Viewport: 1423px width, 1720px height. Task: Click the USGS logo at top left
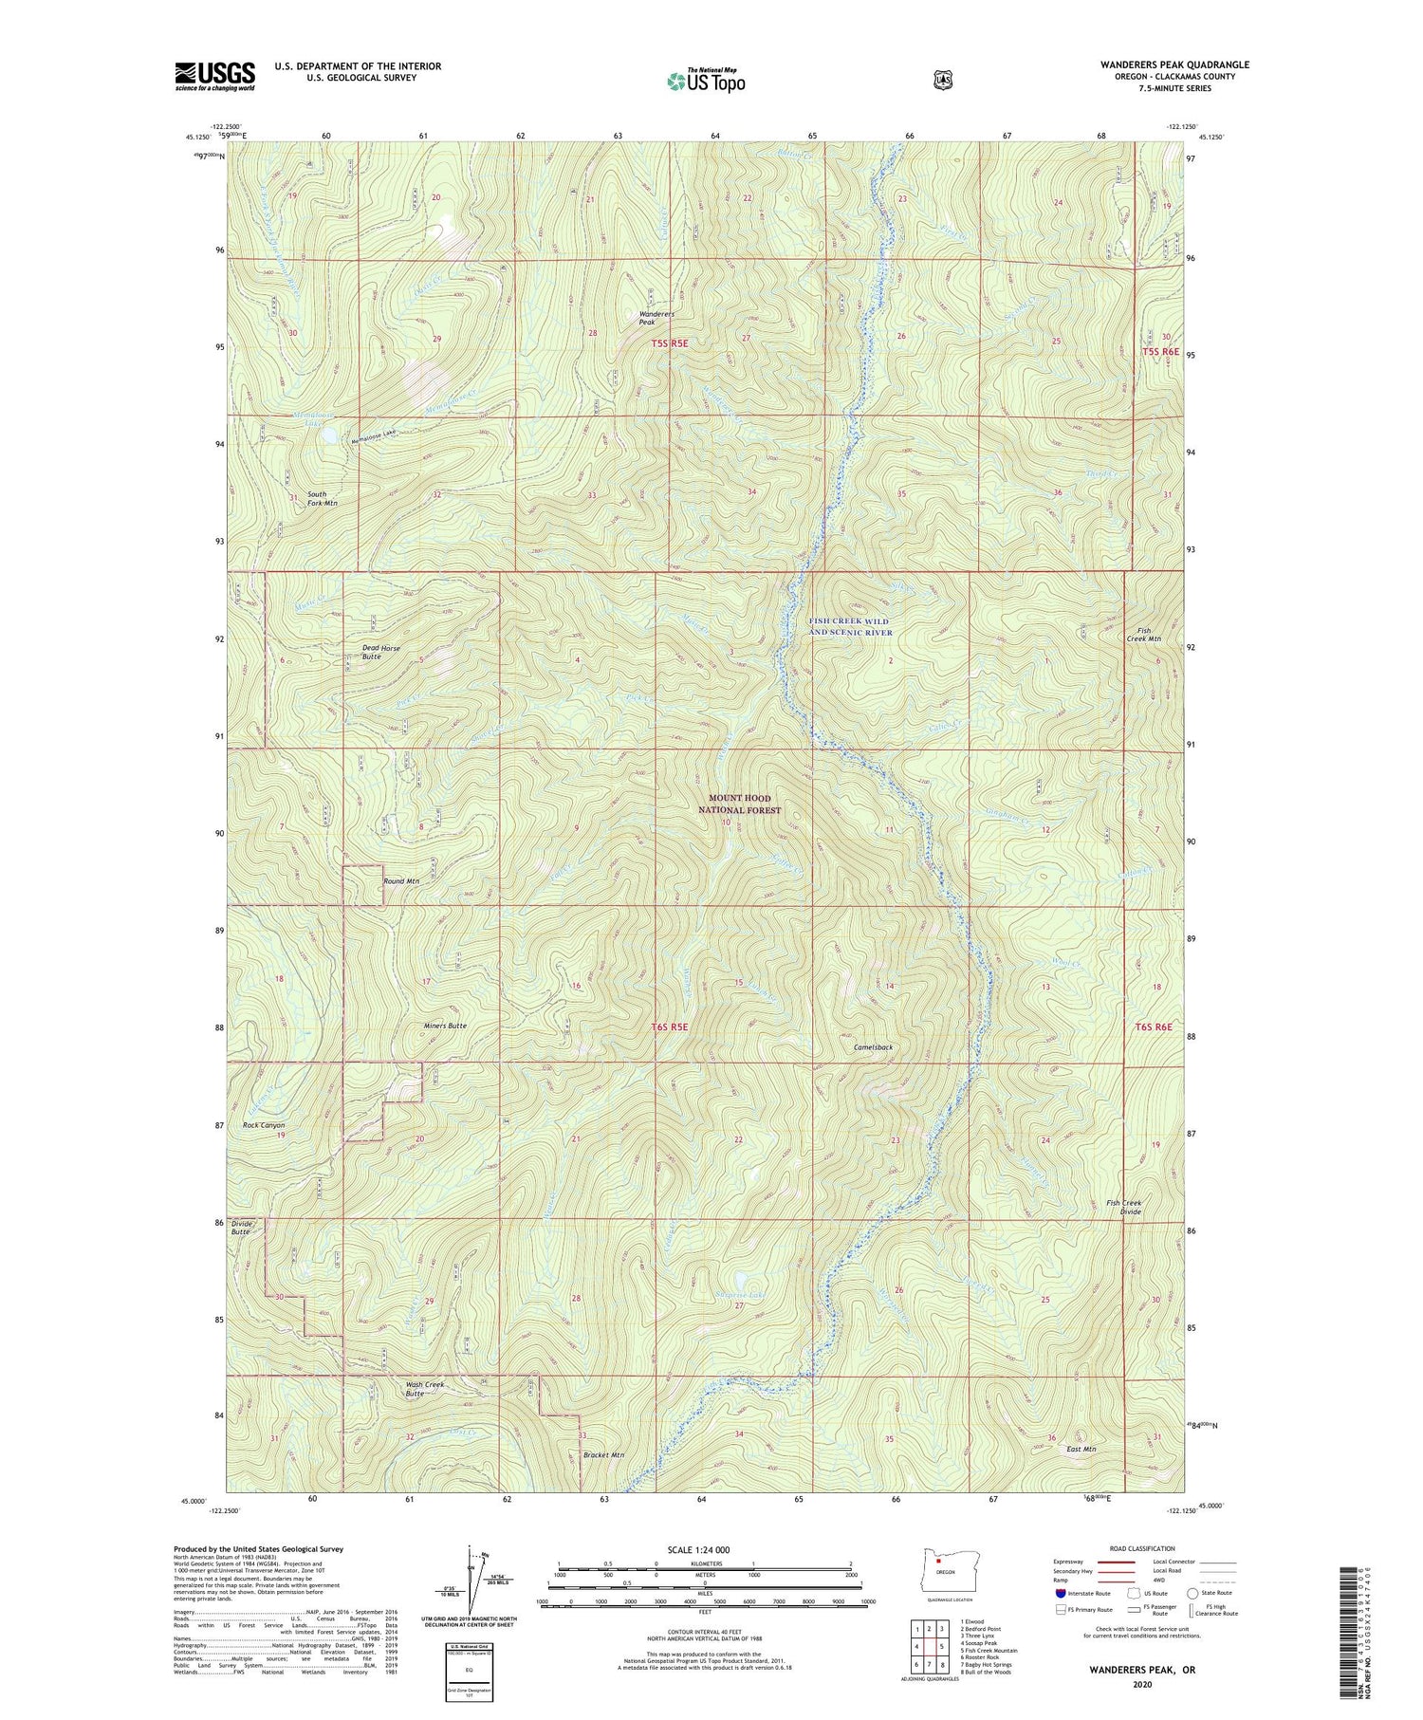pos(214,76)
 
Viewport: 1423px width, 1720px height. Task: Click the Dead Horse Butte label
pos(380,652)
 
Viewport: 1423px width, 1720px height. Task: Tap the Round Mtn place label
pos(400,881)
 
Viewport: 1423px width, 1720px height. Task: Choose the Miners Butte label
pos(444,1026)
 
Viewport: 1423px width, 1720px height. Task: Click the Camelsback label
pos(873,1047)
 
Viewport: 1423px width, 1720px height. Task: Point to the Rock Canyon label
pos(264,1125)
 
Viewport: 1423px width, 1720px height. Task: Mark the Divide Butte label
pos(241,1228)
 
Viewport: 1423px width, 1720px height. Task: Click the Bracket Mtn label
pos(603,1455)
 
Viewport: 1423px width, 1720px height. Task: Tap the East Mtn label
pos(1081,1450)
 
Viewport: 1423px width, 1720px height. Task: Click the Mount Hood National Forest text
pos(739,804)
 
